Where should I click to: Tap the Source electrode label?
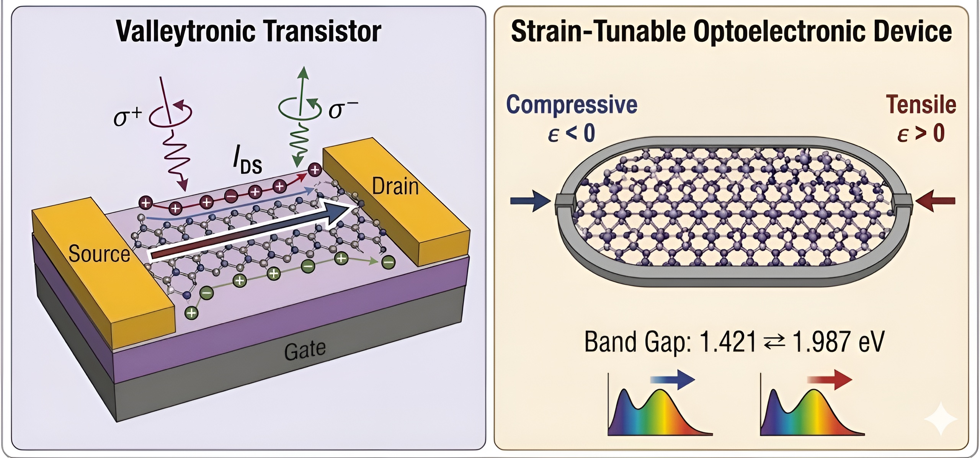(x=99, y=254)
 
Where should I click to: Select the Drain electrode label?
(x=395, y=186)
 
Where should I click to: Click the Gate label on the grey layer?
(x=305, y=350)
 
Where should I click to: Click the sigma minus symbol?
(x=343, y=109)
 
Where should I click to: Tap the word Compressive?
(x=572, y=105)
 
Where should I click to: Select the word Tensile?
(x=921, y=105)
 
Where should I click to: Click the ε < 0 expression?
(x=571, y=133)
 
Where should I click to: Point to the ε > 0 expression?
(x=921, y=133)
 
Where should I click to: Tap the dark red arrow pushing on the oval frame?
(x=935, y=201)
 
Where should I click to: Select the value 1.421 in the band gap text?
(x=728, y=342)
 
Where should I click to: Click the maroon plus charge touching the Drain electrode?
(x=315, y=170)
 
